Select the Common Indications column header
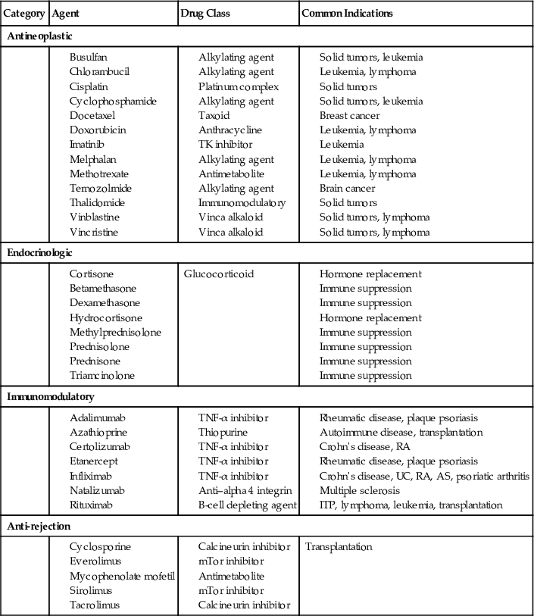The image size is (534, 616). pos(347,14)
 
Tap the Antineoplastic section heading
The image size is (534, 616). pos(39,36)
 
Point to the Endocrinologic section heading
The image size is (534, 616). pos(39,252)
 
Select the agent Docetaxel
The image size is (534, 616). pos(91,115)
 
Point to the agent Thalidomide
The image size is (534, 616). pos(98,202)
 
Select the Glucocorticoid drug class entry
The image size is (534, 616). pos(220,274)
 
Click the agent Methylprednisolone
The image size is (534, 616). pos(115,332)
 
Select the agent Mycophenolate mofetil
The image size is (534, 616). pos(122,576)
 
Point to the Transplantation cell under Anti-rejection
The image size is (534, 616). pos(339,546)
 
